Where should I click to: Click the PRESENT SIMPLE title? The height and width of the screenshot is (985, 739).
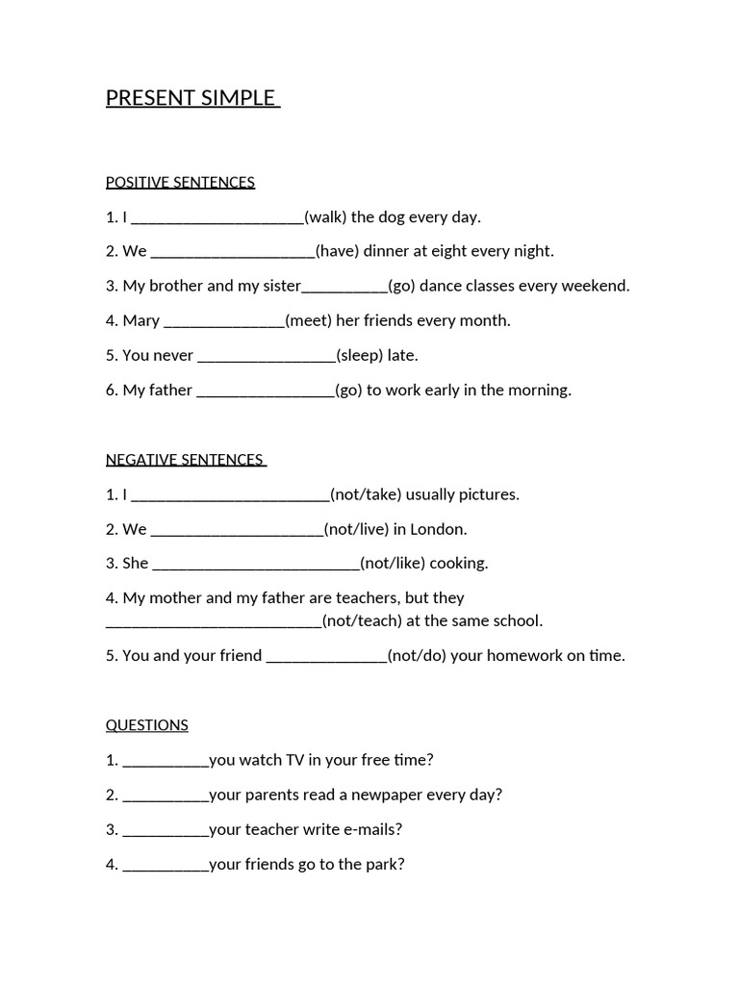191,98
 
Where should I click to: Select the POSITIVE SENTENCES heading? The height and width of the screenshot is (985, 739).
180,183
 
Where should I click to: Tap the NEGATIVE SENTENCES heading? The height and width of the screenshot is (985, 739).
185,460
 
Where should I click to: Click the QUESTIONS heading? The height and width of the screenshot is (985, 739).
147,725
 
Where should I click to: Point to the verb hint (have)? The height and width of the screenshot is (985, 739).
338,252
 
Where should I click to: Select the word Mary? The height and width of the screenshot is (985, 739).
140,321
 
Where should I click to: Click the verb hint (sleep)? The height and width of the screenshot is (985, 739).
359,356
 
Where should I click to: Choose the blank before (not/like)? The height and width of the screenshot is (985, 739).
256,564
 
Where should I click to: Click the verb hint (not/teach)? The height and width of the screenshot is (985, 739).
362,621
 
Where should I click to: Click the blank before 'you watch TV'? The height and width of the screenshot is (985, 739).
166,760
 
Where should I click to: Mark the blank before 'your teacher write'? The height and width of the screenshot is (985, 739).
166,829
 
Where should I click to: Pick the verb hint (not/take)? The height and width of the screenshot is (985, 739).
366,494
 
